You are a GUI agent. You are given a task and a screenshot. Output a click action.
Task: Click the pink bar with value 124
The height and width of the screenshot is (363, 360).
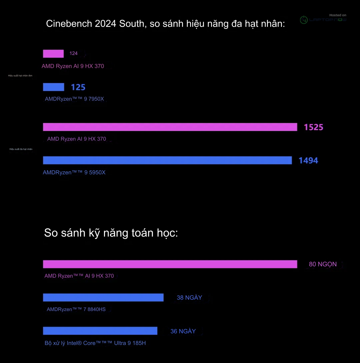coord(53,54)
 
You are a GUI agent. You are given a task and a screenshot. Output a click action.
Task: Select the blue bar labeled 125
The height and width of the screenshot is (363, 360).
coord(53,87)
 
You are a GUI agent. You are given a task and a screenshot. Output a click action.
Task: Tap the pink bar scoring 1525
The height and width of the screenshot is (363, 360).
coord(170,127)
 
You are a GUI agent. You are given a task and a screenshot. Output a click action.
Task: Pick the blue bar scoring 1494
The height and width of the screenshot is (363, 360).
coord(167,160)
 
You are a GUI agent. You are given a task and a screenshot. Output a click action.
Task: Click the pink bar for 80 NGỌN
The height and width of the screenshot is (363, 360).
coord(170,264)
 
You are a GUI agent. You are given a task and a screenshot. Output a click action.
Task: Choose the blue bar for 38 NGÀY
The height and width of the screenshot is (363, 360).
coord(103,297)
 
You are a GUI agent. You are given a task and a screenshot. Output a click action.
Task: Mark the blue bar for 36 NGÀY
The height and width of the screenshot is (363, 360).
coord(100,331)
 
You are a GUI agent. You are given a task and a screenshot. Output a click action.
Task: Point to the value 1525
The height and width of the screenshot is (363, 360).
coord(313,127)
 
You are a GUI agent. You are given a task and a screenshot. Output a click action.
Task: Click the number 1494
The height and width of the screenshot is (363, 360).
coord(308,160)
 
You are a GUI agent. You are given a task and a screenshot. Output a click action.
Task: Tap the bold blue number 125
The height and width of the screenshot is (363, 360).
coord(78,87)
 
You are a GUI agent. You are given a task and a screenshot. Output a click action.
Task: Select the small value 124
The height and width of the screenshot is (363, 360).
coord(73,53)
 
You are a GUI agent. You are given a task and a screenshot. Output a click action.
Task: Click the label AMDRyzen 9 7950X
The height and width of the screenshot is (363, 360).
coord(74,99)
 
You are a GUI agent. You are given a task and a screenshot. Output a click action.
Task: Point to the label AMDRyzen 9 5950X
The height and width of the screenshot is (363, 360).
coord(74,172)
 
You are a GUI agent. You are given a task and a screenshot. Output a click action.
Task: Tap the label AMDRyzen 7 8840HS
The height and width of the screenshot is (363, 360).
coord(76,309)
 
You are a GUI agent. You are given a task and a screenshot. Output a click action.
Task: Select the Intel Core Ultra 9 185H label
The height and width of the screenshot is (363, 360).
coord(95,343)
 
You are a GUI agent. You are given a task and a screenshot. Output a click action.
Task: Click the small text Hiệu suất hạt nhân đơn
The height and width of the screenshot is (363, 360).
coord(20,76)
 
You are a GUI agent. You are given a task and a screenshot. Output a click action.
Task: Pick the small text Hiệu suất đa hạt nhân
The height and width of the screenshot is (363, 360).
coord(21,149)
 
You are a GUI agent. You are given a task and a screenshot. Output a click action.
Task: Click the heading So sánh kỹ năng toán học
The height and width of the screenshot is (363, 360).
coord(111,233)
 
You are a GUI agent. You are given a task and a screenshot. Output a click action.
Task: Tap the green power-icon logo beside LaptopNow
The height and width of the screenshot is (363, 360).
coord(304,20)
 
